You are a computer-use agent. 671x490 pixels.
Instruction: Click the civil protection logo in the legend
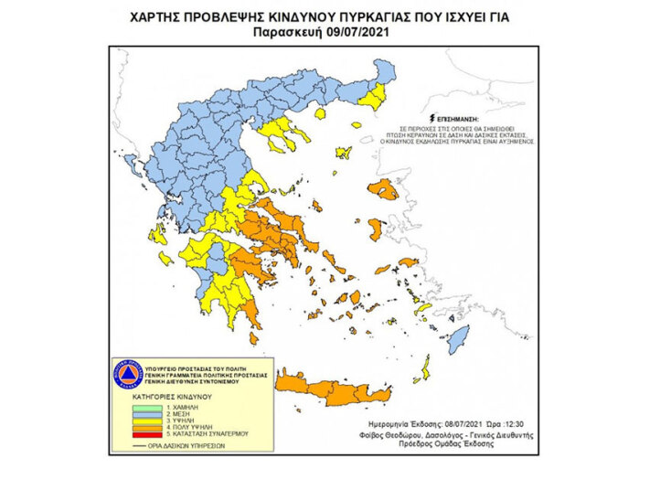(127, 376)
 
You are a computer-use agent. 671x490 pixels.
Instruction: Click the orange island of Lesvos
(381, 190)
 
